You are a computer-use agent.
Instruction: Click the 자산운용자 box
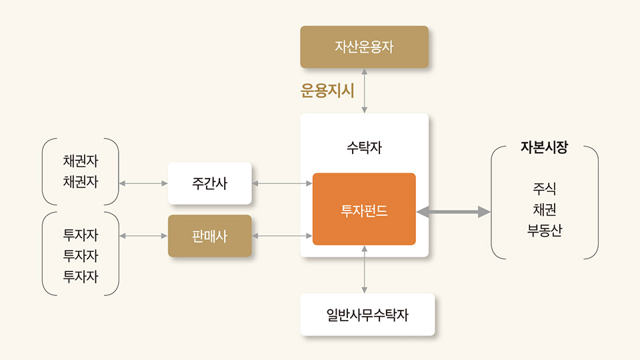(364, 47)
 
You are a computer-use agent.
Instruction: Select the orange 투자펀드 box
(364, 209)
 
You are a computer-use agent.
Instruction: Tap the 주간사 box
(209, 183)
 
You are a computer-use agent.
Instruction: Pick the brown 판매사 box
(209, 236)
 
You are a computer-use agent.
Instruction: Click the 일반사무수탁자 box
(367, 315)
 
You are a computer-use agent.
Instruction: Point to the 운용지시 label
(327, 91)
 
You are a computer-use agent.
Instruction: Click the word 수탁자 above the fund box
(364, 147)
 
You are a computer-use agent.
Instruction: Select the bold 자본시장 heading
(544, 148)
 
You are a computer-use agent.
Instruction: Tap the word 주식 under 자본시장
(544, 189)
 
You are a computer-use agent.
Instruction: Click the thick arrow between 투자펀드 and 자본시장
(453, 212)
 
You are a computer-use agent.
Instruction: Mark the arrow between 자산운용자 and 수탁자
(365, 91)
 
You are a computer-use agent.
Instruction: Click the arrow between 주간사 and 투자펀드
(282, 183)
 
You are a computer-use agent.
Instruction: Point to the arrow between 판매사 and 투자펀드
(282, 235)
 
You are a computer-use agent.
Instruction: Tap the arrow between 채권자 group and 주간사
(143, 183)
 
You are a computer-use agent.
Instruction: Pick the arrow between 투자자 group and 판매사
(143, 235)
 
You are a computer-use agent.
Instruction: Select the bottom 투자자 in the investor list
(81, 276)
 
